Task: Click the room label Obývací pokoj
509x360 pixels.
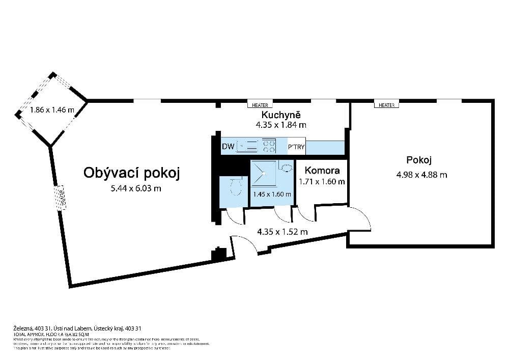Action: click(x=132, y=173)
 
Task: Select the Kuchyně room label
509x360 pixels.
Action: click(x=281, y=114)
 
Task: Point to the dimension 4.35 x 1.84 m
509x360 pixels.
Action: click(x=281, y=124)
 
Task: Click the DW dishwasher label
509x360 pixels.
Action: click(x=228, y=147)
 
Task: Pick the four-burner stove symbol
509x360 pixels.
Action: click(x=269, y=147)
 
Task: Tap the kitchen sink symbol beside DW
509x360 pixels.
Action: click(x=247, y=147)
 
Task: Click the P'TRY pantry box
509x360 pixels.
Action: click(x=296, y=147)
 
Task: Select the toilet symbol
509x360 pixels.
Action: click(x=235, y=187)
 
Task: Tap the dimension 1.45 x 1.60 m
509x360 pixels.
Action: click(x=272, y=194)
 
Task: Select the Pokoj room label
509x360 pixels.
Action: click(x=419, y=160)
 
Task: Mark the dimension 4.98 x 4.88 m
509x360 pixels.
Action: click(x=421, y=175)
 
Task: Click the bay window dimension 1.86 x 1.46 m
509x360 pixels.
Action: click(x=51, y=109)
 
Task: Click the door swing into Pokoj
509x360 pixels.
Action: click(x=360, y=219)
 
